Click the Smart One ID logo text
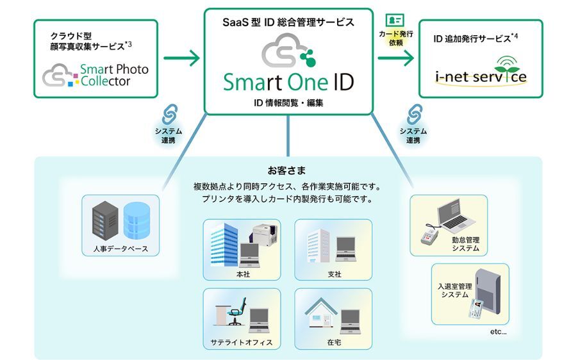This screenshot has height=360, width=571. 288,82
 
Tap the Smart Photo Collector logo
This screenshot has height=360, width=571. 95,75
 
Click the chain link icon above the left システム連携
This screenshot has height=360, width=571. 169,115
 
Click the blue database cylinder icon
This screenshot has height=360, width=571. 138,220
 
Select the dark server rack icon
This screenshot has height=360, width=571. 106,220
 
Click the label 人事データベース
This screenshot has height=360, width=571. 120,249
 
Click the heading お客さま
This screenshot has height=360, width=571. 286,171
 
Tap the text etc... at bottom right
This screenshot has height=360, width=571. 497,332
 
